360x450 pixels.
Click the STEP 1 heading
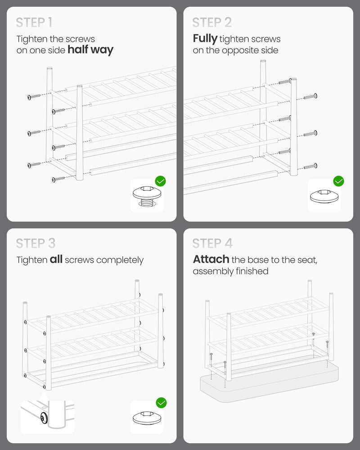pyautogui.click(x=34, y=22)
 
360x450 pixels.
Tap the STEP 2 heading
pyautogui.click(x=212, y=22)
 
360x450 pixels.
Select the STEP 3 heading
pyautogui.click(x=36, y=243)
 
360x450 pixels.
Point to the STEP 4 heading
pyautogui.click(x=212, y=243)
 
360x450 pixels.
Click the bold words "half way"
pyautogui.click(x=90, y=50)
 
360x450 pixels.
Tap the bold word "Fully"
pyautogui.click(x=205, y=39)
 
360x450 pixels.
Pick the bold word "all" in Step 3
pyautogui.click(x=56, y=259)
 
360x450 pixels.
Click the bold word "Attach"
pyautogui.click(x=211, y=259)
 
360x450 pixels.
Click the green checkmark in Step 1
pyautogui.click(x=161, y=181)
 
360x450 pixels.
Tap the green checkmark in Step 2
pyautogui.click(x=339, y=181)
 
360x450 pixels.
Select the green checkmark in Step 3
pyautogui.click(x=162, y=403)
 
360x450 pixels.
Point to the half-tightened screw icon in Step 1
pyautogui.click(x=147, y=196)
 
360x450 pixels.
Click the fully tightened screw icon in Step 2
pyautogui.click(x=324, y=196)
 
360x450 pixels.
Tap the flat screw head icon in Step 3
pyautogui.click(x=147, y=418)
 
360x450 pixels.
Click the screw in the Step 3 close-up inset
pyautogui.click(x=44, y=418)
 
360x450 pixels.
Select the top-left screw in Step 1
pyautogui.click(x=35, y=96)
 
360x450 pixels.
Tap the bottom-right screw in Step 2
pyautogui.click(x=310, y=166)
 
